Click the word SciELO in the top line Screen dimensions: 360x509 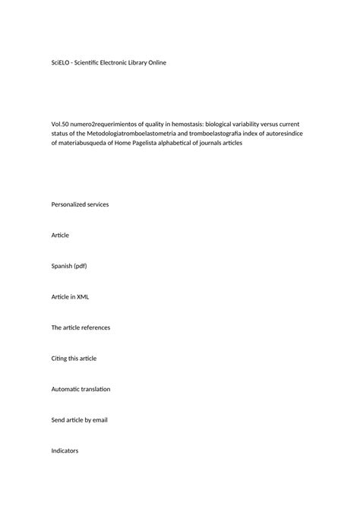[61, 62]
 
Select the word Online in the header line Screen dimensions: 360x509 [160, 62]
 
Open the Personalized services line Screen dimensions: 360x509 [80, 204]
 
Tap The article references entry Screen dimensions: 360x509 [81, 327]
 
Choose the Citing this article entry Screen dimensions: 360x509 [74, 359]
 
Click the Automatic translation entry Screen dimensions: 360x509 [81, 389]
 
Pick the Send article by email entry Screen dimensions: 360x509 [79, 420]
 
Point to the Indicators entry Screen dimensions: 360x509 [65, 451]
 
